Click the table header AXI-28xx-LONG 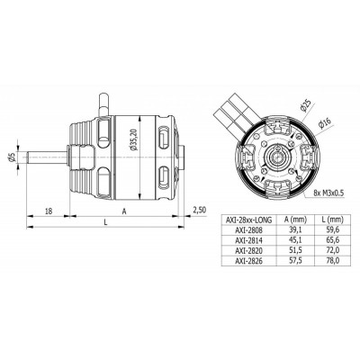point(246,219)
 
